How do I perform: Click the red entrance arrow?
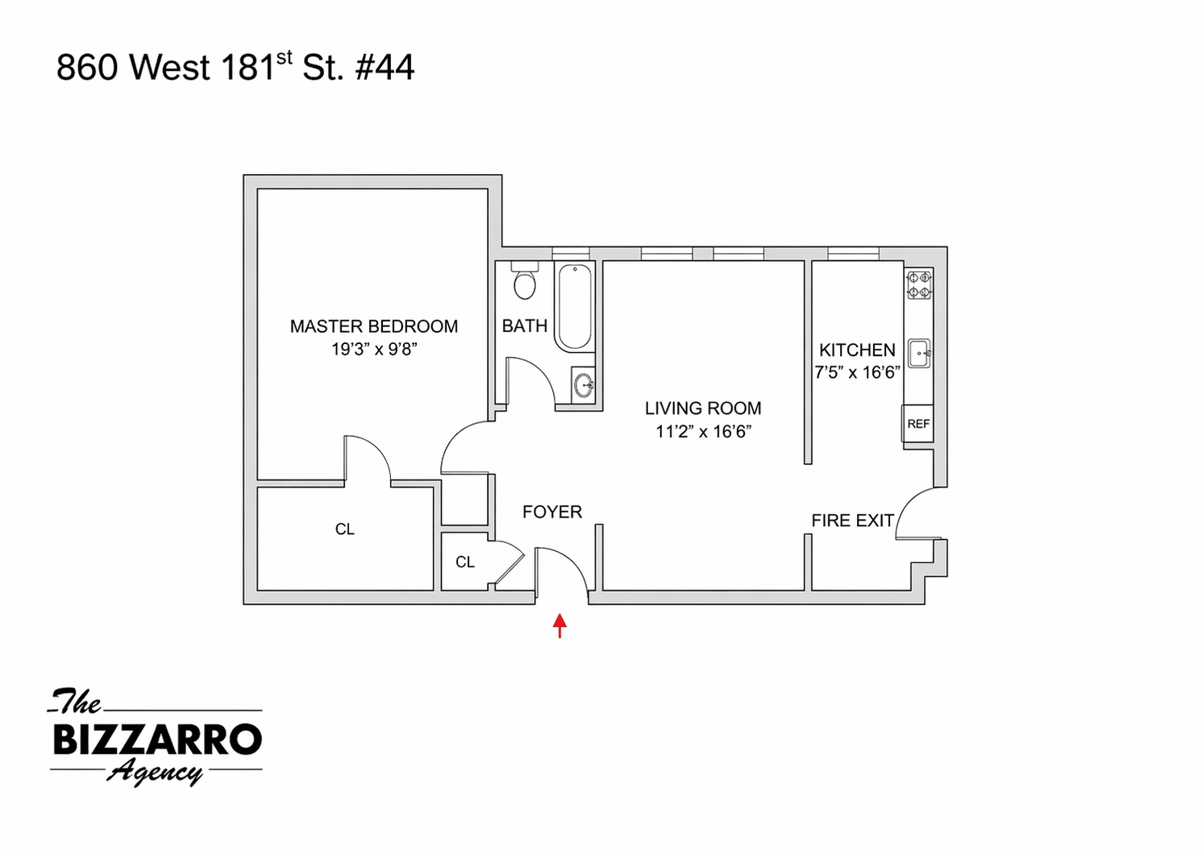(559, 625)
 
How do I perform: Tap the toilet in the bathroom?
(524, 280)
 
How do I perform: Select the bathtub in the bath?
(575, 307)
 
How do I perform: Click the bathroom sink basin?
(584, 384)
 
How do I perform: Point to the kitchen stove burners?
(919, 284)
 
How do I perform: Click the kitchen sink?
(919, 354)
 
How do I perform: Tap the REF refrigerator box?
(917, 424)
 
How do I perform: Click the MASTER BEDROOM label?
(374, 326)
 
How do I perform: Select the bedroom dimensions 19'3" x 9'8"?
(374, 349)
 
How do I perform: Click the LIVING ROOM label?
(703, 408)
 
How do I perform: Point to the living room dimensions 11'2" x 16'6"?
(703, 431)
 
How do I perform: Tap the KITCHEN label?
(857, 350)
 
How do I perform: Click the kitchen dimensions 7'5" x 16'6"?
(857, 372)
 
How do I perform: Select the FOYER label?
(552, 512)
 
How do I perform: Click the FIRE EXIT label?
(853, 520)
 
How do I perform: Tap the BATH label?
(524, 325)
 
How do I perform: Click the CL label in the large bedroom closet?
(344, 529)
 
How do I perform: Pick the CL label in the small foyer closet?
(464, 562)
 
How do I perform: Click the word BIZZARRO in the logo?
(158, 739)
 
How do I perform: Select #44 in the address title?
(385, 68)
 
